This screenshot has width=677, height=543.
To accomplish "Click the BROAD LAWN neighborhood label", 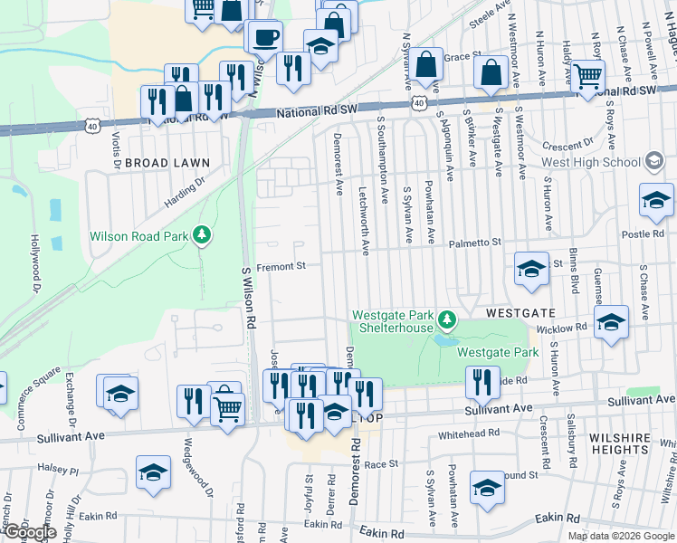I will coord(167,163).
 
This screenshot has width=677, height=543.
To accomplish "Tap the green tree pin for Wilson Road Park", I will coord(202,237).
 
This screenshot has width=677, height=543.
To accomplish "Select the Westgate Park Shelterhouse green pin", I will coord(445,320).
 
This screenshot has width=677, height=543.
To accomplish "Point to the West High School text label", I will coord(591,162).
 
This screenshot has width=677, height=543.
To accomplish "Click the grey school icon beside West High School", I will coord(652,162).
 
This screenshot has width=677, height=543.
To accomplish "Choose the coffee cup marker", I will coord(265,38).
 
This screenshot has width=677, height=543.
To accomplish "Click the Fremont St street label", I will coord(281,267).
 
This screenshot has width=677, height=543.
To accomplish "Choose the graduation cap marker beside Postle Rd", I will coord(656,200).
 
